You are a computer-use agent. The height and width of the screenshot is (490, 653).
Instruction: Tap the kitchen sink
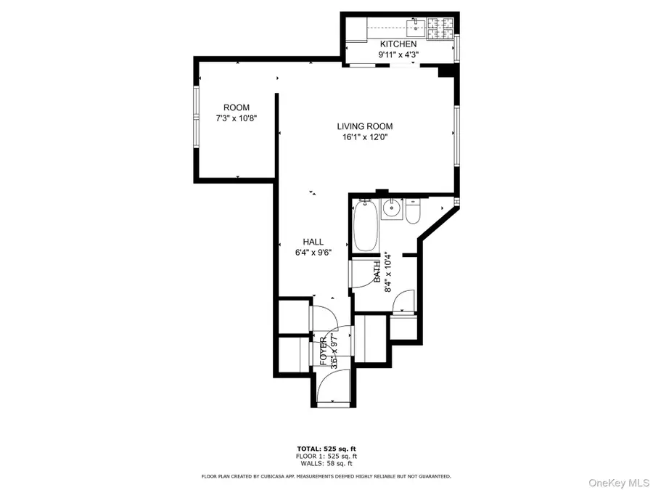[414, 28]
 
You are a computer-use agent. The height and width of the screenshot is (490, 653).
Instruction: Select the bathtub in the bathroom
[365, 226]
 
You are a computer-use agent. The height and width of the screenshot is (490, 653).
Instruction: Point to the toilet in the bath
[413, 213]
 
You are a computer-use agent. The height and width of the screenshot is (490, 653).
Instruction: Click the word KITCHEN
[398, 44]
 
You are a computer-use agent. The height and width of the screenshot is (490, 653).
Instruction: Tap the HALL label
[313, 242]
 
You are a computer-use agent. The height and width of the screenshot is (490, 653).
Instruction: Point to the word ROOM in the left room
[236, 107]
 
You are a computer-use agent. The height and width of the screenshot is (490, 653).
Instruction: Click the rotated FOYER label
[324, 351]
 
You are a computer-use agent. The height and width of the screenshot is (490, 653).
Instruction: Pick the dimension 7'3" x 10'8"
[236, 118]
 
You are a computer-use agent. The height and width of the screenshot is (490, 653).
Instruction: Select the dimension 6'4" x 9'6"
[313, 253]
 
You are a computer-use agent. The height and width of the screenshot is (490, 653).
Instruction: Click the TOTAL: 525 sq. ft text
[326, 449]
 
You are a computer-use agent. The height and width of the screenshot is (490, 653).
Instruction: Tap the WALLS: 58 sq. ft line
[326, 463]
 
